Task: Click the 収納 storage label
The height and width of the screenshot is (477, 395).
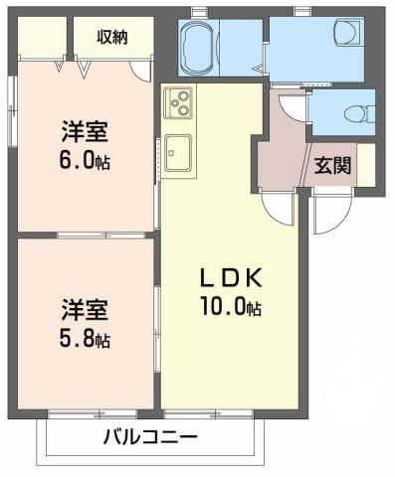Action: (110, 37)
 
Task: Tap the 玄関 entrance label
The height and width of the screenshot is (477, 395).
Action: (332, 166)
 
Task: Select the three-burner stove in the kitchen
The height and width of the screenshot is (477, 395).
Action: (180, 101)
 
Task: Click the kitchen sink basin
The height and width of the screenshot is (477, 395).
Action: (180, 151)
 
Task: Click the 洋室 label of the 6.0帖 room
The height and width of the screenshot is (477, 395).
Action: (84, 132)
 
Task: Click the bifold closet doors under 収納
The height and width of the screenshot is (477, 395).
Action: (74, 66)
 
